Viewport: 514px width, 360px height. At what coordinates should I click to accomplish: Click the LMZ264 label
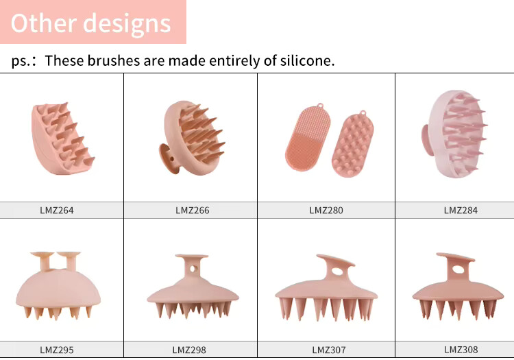click(56, 211)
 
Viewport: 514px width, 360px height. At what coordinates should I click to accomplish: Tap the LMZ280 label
click(326, 211)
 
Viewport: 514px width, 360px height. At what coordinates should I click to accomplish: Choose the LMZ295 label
click(56, 350)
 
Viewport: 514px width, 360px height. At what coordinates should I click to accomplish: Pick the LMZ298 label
click(191, 350)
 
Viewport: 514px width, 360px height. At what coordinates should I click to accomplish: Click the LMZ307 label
click(328, 350)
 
